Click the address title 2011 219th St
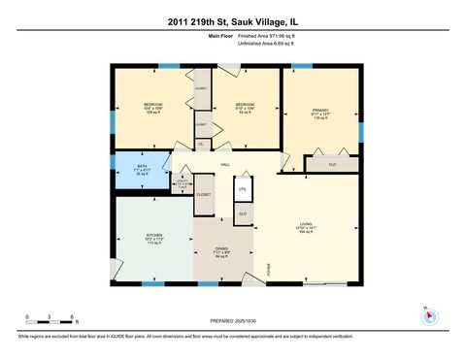pyautogui.click(x=232, y=20)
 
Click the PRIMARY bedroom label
pyautogui.click(x=320, y=113)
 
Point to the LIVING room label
pyautogui.click(x=306, y=229)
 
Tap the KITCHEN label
pyautogui.click(x=154, y=238)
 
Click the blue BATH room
pyautogui.click(x=142, y=170)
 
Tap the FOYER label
pyautogui.click(x=269, y=271)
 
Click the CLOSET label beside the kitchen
pyautogui.click(x=204, y=194)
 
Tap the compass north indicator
pyautogui.click(x=429, y=316)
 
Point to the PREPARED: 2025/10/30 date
pyautogui.click(x=233, y=320)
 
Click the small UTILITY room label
pyautogui.click(x=181, y=182)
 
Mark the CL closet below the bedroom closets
pyautogui.click(x=201, y=144)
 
